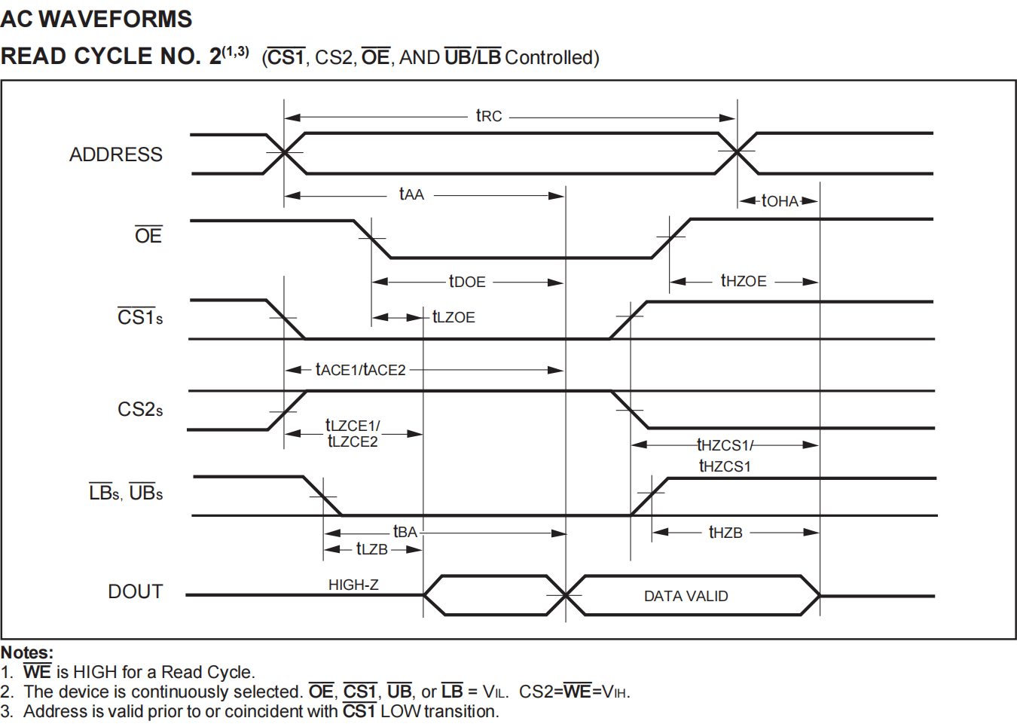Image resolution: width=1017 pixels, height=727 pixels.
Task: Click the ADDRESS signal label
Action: pyautogui.click(x=116, y=154)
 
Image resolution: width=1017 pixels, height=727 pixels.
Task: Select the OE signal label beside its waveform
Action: pyautogui.click(x=148, y=236)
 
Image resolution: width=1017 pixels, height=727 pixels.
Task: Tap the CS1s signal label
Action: pyautogui.click(x=140, y=317)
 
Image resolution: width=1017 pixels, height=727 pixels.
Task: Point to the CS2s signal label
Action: pyautogui.click(x=140, y=409)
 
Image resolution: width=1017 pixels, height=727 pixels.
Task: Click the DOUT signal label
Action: pyautogui.click(x=136, y=591)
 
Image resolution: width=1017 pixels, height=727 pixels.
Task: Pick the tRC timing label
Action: pyautogui.click(x=489, y=116)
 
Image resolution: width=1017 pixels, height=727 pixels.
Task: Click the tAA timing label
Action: pyautogui.click(x=411, y=194)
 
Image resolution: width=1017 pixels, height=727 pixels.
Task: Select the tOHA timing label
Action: pyautogui.click(x=780, y=200)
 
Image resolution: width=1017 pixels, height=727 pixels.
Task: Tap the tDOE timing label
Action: pyautogui.click(x=467, y=282)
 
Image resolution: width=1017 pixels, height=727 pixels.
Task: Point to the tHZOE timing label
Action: pyautogui.click(x=744, y=281)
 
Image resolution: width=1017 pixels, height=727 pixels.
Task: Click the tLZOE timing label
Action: pyautogui.click(x=454, y=317)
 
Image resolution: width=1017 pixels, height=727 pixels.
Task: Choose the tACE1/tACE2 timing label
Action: pyautogui.click(x=360, y=369)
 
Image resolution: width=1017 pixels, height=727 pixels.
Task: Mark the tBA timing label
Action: pyautogui.click(x=405, y=532)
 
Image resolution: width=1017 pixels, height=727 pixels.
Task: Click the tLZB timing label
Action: pyautogui.click(x=372, y=549)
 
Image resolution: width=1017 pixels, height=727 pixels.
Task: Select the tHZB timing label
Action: pyautogui.click(x=725, y=533)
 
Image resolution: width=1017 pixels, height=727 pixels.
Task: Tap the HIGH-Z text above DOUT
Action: pyautogui.click(x=353, y=585)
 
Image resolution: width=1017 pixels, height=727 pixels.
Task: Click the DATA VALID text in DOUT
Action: pyautogui.click(x=686, y=596)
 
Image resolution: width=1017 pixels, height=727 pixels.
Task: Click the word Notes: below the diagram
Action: pyautogui.click(x=27, y=652)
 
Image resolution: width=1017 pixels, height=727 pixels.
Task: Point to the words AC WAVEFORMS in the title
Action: pyautogui.click(x=96, y=19)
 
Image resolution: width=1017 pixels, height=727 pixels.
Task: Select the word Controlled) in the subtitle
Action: pyautogui.click(x=552, y=57)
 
